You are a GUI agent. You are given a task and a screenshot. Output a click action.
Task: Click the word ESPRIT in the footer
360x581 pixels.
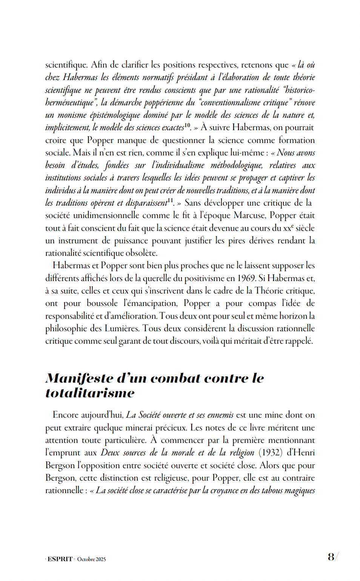click(x=60, y=559)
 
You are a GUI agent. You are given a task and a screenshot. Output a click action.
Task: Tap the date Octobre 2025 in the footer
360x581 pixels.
click(x=91, y=559)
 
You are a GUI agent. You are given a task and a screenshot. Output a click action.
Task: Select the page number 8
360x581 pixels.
click(x=331, y=557)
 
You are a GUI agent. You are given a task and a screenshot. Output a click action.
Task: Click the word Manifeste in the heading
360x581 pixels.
click(x=79, y=378)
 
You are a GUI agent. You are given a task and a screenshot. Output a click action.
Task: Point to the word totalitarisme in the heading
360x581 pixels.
click(x=90, y=393)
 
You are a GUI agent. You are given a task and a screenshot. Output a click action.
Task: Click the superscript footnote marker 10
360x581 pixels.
click(x=188, y=125)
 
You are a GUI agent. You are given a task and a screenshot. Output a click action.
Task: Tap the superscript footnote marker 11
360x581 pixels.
click(x=170, y=200)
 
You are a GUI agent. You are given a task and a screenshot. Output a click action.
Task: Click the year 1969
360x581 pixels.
click(x=246, y=278)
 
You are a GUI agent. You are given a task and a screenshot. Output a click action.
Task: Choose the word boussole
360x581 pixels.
click(x=102, y=303)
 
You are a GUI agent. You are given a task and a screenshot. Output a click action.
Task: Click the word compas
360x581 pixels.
click(x=262, y=303)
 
